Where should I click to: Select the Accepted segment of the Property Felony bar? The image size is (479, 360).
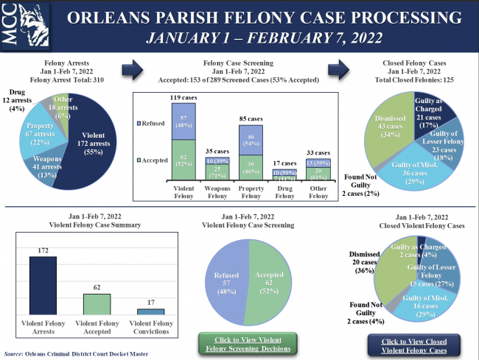coord(251,166)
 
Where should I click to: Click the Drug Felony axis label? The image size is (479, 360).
coord(284,197)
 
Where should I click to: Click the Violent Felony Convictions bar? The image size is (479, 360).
coord(150,312)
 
